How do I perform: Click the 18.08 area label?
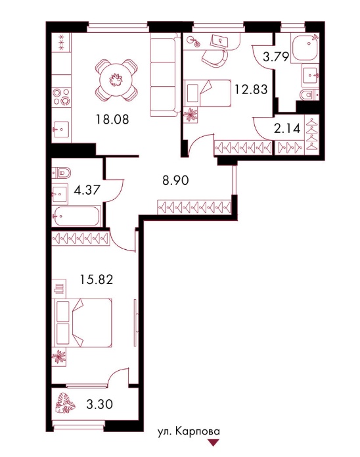[x=112, y=119]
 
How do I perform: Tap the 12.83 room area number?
[x=251, y=89]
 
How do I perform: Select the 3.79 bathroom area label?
[x=276, y=57]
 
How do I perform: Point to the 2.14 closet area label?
[x=287, y=128]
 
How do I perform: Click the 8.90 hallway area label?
[x=175, y=181]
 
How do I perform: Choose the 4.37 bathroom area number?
[x=87, y=190]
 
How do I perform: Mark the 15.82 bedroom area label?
[x=97, y=280]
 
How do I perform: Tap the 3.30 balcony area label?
[x=100, y=404]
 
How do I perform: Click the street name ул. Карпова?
[x=189, y=431]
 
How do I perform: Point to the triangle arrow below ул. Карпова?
[x=214, y=443]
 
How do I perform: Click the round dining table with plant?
[x=116, y=80]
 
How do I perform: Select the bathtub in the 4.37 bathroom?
[x=76, y=216]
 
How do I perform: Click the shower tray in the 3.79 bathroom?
[x=305, y=47]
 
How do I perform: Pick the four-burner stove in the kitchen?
[x=62, y=97]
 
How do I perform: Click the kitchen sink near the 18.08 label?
[x=61, y=129]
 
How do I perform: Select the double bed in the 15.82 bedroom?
[x=83, y=323]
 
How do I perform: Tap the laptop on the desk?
[x=219, y=41]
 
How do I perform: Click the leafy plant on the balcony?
[x=65, y=403]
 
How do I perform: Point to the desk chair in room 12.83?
[x=215, y=57]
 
